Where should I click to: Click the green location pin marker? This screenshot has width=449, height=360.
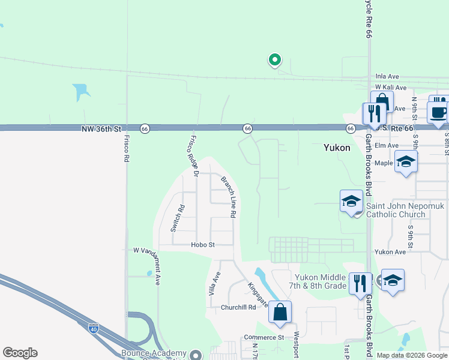click(x=275, y=59)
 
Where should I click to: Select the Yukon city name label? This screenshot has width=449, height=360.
click(x=337, y=148)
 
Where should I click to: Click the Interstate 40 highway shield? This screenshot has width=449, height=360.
click(x=93, y=328)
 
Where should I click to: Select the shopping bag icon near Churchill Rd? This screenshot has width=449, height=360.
click(x=280, y=312)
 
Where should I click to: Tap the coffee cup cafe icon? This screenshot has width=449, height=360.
click(x=438, y=112)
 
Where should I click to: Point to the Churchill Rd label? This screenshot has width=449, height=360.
click(x=238, y=307)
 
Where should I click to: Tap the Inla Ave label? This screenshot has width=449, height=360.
click(x=387, y=77)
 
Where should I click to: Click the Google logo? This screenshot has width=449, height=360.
click(x=20, y=353)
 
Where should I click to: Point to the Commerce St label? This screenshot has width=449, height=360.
click(x=264, y=338)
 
